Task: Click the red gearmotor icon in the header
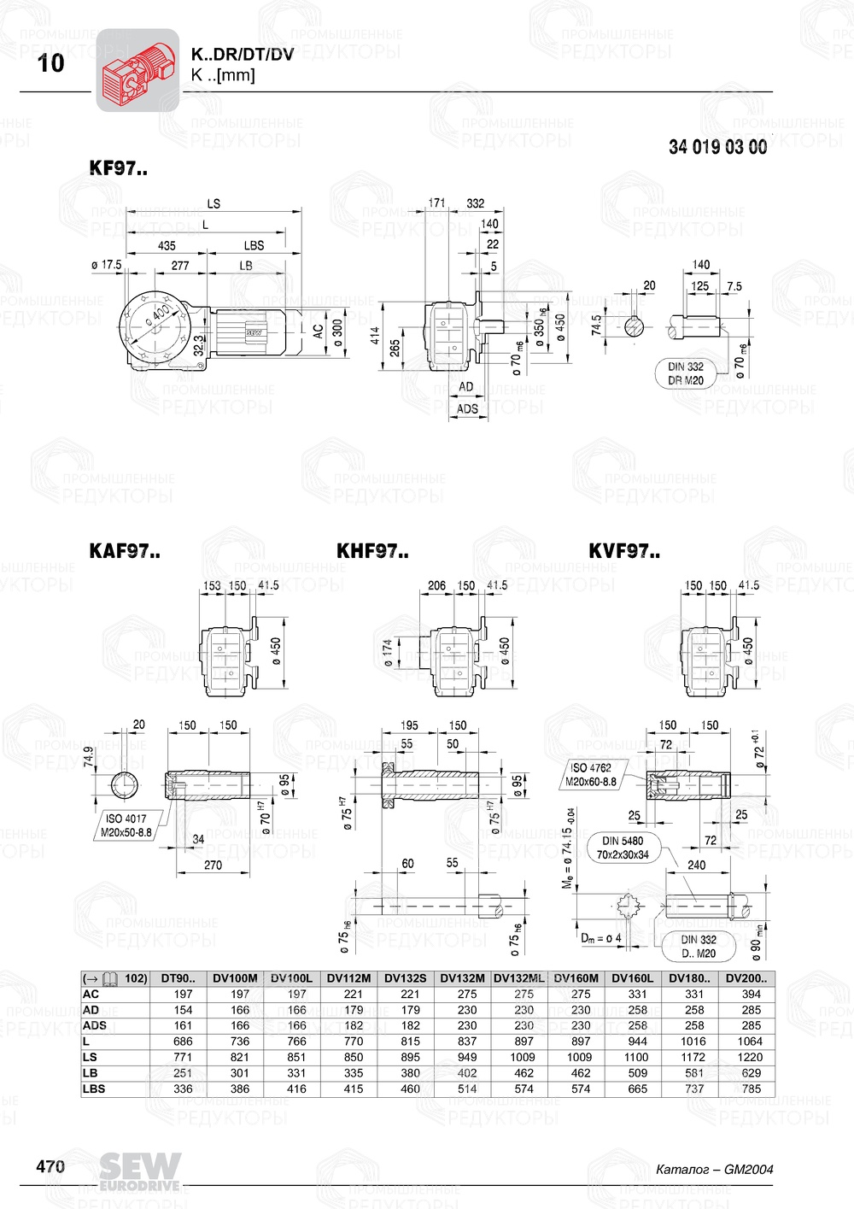137,70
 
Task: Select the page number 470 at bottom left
50,1166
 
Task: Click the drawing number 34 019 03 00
717,147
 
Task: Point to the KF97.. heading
118,168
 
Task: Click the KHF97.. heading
372,551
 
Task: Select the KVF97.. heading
624,551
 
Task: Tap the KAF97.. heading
125,551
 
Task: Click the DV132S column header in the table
405,978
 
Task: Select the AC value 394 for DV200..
751,994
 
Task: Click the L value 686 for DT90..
183,1042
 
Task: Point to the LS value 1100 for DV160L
637,1057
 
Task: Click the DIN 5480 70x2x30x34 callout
623,848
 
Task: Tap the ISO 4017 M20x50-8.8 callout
126,825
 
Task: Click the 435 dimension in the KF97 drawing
167,245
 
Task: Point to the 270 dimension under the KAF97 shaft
213,865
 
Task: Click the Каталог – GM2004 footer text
714,1169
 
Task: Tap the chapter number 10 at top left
51,63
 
